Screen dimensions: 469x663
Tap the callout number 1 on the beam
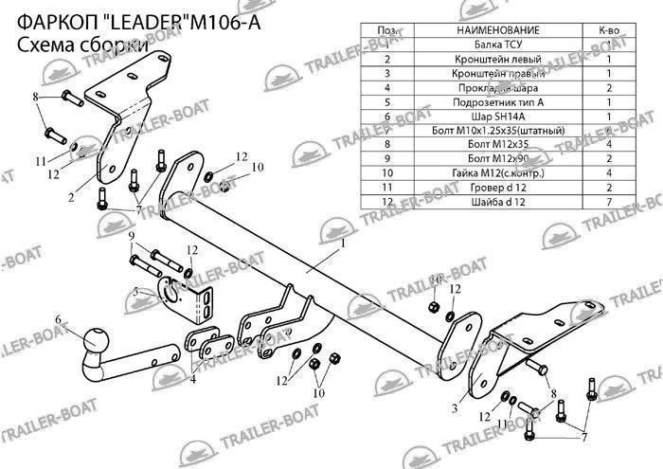click(343, 244)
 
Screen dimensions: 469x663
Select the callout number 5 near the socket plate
click(135, 293)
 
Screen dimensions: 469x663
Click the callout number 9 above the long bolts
click(133, 235)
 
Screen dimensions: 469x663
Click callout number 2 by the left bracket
click(71, 197)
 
